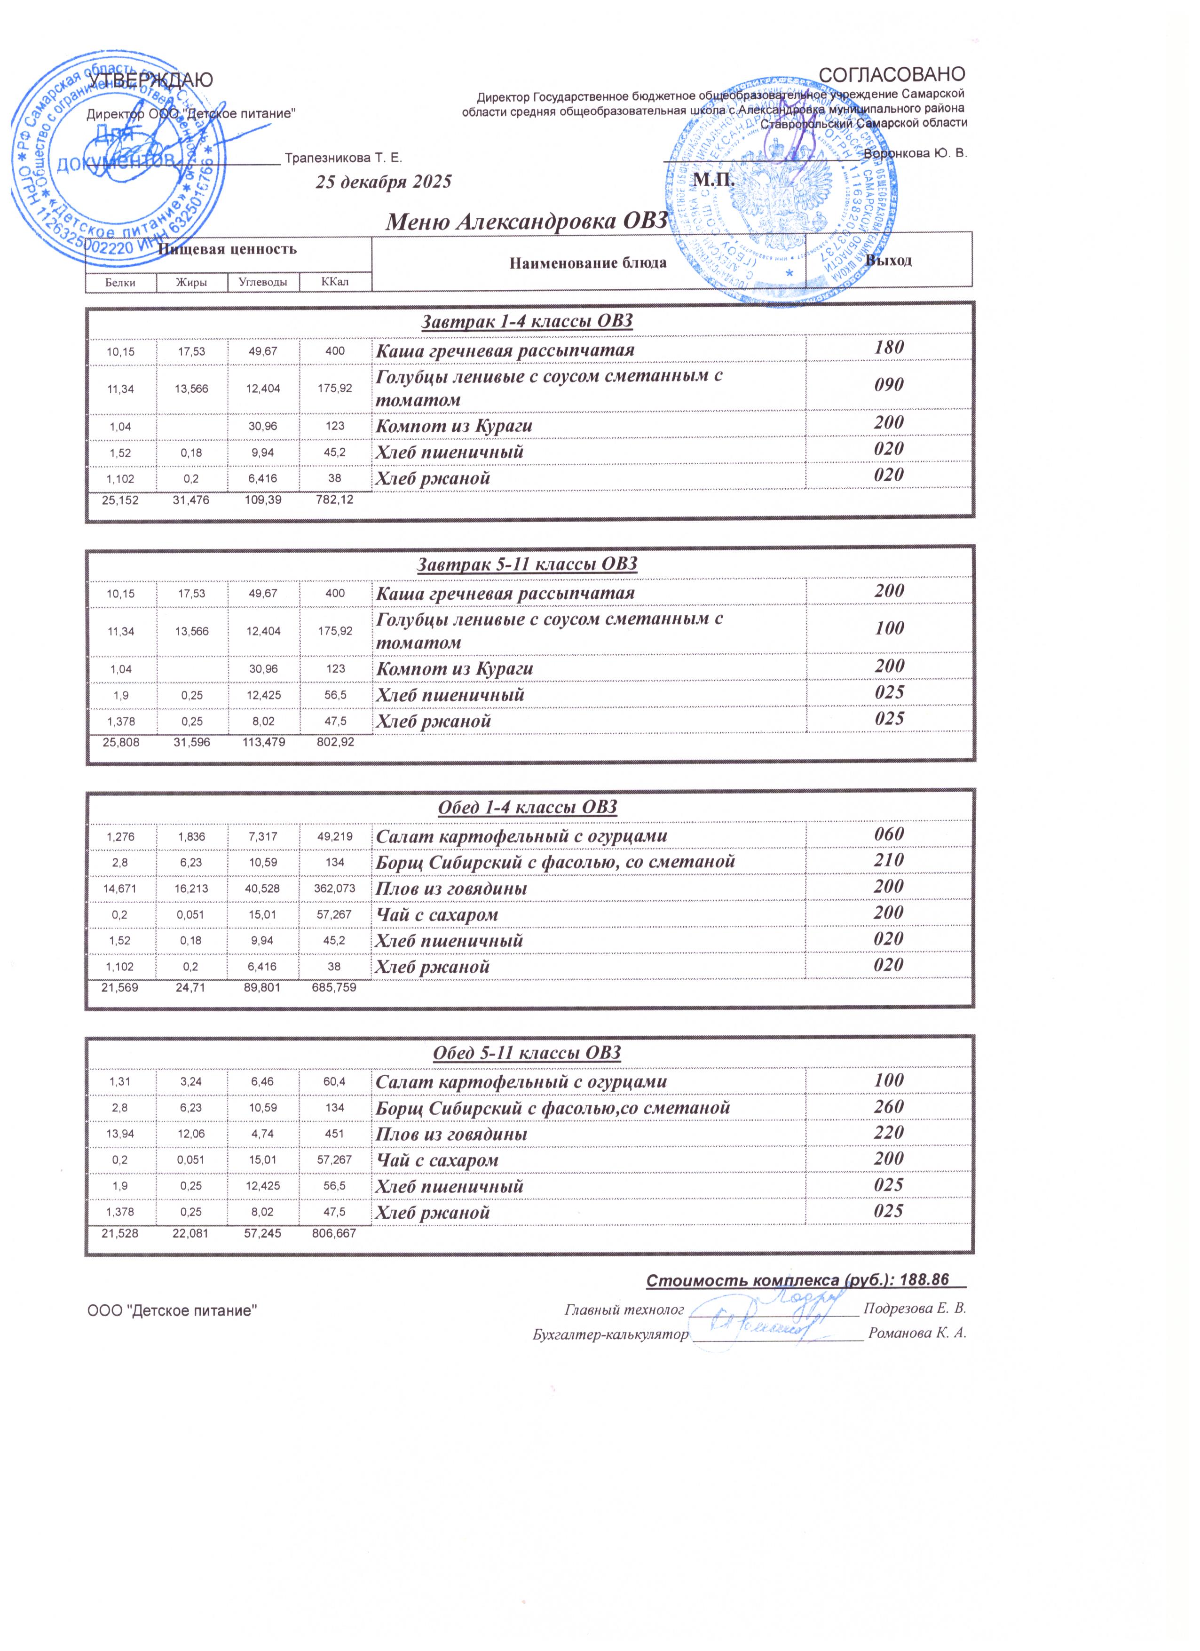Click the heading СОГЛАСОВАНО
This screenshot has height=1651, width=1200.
892,74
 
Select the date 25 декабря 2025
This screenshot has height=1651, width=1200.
383,182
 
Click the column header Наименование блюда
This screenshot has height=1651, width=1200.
588,263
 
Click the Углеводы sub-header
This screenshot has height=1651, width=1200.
263,282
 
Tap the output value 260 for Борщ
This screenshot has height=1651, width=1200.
889,1106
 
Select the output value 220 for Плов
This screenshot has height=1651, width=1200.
889,1133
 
